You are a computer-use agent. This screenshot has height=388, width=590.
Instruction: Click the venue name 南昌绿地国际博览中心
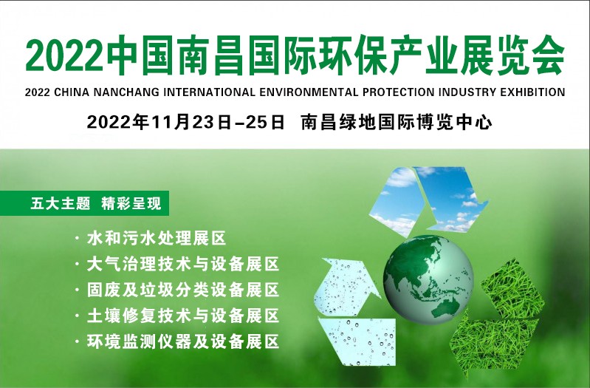click(x=397, y=122)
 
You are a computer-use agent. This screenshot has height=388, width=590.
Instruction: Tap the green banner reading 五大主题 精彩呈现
click(x=95, y=202)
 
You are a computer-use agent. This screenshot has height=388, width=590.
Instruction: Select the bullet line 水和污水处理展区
click(x=155, y=239)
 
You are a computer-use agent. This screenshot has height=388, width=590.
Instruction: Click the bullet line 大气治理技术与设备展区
click(x=182, y=265)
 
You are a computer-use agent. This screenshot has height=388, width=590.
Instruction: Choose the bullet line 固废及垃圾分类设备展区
click(x=182, y=290)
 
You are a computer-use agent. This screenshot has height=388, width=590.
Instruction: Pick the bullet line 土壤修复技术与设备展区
click(x=182, y=316)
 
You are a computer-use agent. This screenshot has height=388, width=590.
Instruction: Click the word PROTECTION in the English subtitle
click(x=393, y=93)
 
